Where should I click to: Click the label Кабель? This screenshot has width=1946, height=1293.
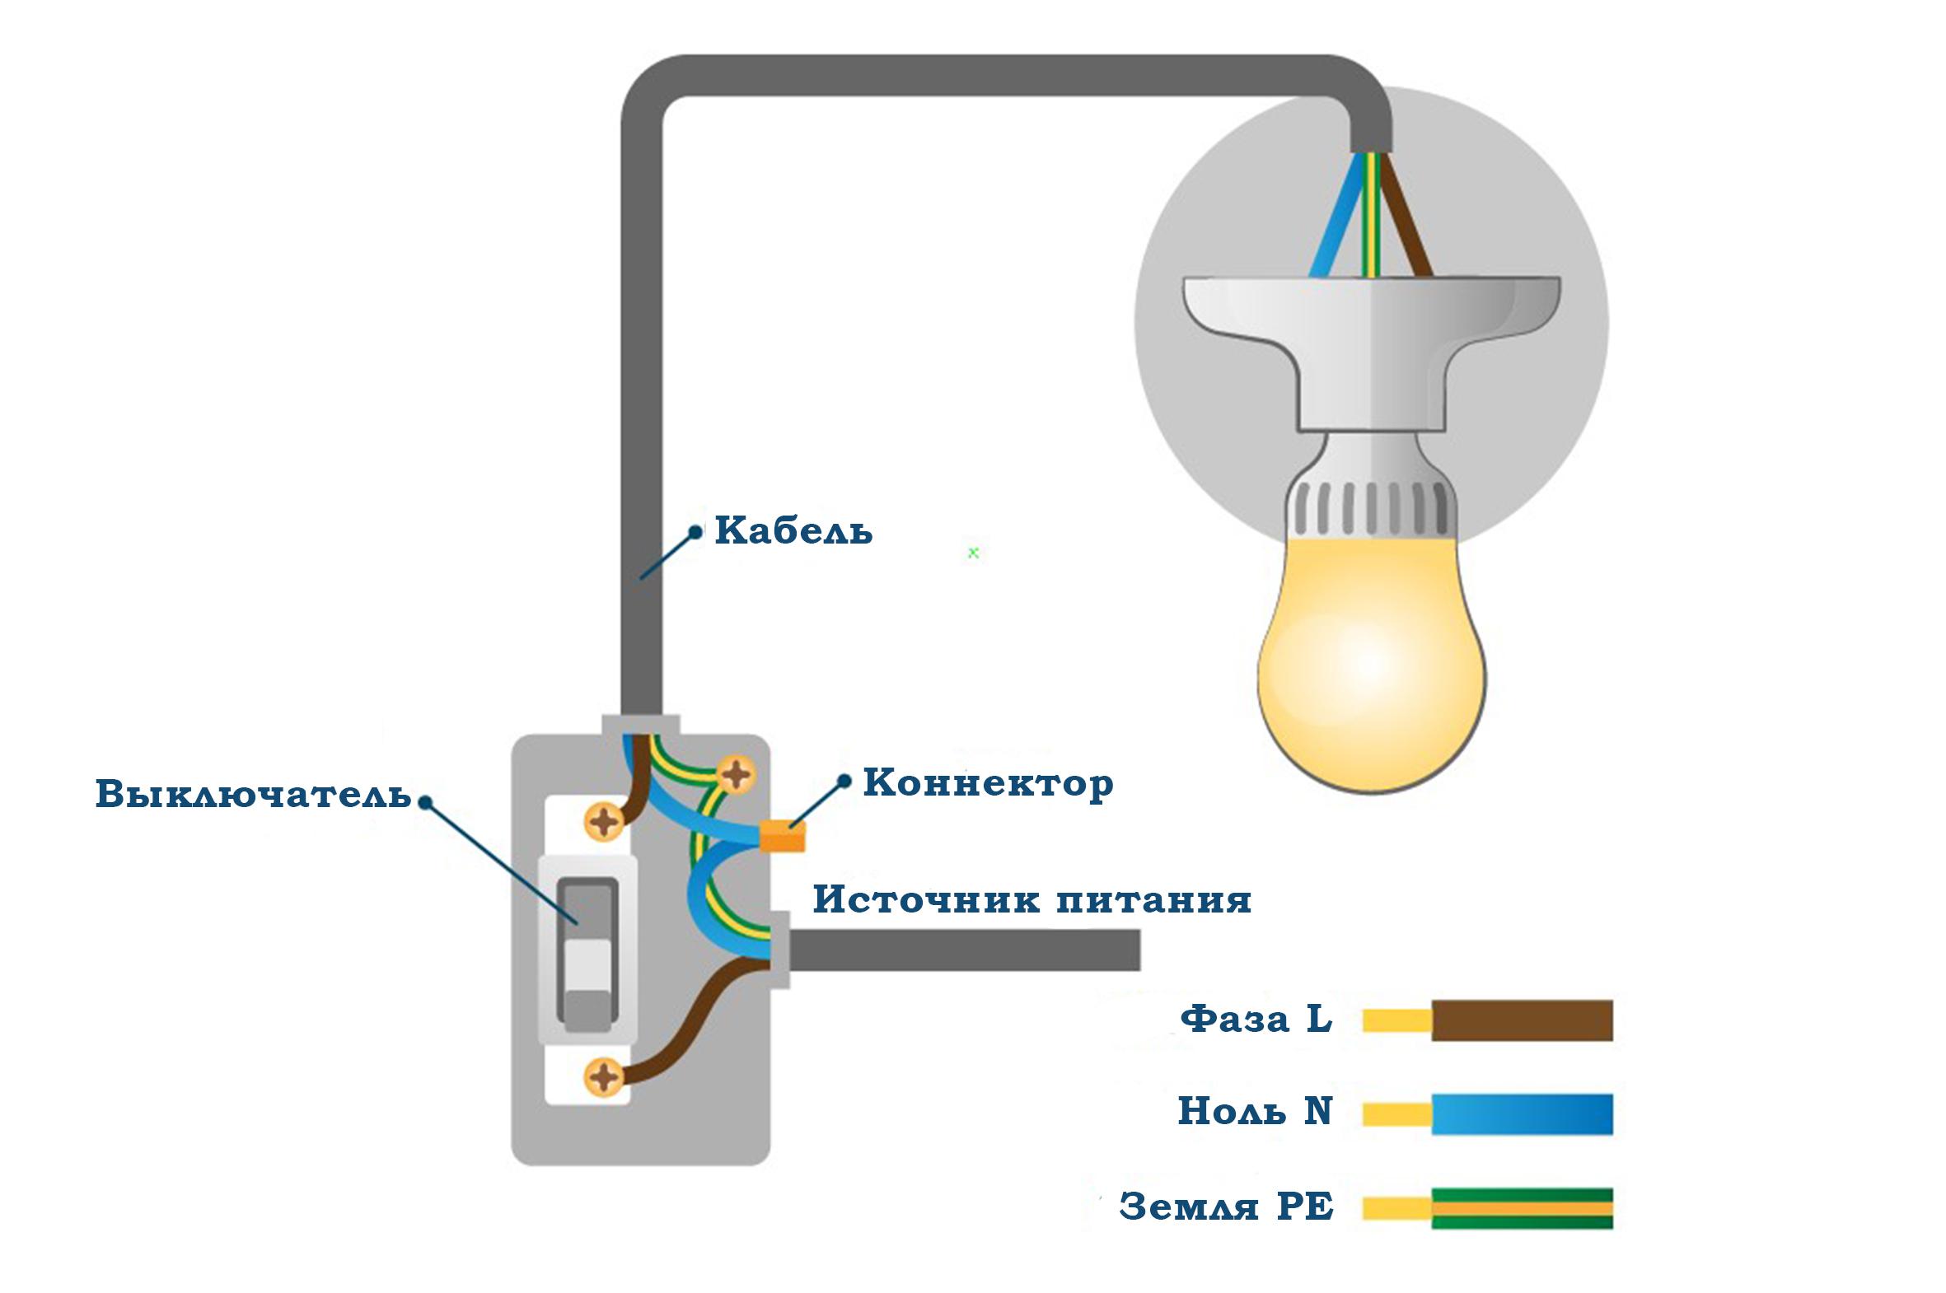(793, 530)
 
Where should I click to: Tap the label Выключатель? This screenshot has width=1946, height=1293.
(253, 794)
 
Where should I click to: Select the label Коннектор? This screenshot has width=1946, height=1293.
(988, 783)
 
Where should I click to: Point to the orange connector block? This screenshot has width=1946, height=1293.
(780, 835)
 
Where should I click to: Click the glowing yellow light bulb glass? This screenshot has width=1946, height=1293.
(1370, 660)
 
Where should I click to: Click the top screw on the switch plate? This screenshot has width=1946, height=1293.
(604, 821)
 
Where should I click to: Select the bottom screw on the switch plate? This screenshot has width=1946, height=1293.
(604, 1077)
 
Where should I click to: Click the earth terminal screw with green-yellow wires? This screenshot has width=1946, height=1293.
(735, 774)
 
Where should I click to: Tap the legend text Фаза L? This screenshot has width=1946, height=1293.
(1256, 1020)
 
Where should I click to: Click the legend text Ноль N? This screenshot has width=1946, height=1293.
(1254, 1112)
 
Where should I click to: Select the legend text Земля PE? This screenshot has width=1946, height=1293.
(1226, 1207)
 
